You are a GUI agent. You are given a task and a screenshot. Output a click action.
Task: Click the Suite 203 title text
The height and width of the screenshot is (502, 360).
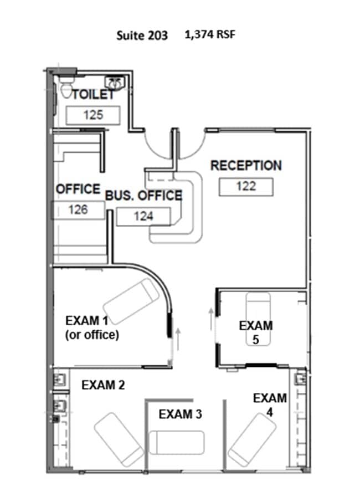coord(142,35)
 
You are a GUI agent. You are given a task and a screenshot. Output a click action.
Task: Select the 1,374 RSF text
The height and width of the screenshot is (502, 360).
coord(210,34)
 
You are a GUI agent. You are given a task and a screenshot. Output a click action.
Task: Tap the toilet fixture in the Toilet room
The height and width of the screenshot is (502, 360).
coord(66,87)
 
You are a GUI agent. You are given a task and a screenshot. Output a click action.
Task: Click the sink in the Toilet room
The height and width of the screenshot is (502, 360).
coord(115,83)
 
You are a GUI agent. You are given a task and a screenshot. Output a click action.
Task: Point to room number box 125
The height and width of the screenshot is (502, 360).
coord(93,115)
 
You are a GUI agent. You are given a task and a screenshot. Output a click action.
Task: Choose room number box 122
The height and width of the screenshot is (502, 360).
coord(246,187)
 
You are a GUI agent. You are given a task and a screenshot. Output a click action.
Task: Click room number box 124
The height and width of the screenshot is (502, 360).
coord(143,217)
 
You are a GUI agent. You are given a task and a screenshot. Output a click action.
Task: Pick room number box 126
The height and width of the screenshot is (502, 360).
coord(78,210)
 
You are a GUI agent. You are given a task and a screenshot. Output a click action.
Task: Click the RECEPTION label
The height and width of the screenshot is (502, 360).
coord(246,166)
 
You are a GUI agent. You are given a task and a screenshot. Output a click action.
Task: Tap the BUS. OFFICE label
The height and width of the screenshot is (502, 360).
coord(143,195)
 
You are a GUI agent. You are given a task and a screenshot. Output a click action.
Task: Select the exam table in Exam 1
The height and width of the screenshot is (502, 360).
coord(131,301)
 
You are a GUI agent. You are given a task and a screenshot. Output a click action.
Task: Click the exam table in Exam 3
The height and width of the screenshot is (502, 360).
coord(177,443)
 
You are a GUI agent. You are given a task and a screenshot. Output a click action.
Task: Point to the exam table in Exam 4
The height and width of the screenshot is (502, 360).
coord(252,439)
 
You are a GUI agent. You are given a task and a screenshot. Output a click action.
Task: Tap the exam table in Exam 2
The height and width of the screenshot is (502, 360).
coord(119,439)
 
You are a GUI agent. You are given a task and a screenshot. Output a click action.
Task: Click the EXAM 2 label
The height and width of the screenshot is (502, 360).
coord(103,385)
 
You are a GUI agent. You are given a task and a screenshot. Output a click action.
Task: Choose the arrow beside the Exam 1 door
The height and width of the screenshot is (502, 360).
coord(178,339)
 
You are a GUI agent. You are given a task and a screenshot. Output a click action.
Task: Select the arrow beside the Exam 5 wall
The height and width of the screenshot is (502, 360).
coord(211,319)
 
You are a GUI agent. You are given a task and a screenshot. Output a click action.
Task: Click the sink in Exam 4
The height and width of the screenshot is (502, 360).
coord(300,379)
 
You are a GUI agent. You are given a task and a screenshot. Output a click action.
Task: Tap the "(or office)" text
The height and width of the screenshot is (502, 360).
coord(92,335)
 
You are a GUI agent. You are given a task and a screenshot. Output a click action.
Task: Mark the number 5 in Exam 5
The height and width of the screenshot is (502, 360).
coord(256,340)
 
